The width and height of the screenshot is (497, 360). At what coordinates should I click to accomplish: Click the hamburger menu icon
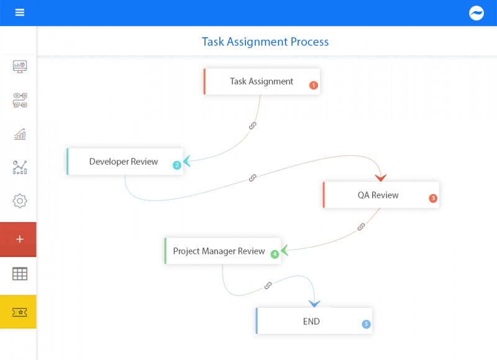20,12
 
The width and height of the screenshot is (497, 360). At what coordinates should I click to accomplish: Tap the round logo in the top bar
476,13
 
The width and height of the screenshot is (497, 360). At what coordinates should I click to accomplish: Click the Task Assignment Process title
265,42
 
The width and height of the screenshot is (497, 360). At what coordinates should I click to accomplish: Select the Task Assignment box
262,81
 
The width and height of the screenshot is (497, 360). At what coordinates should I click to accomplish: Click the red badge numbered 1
314,85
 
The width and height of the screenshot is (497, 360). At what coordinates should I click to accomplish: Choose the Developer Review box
124,162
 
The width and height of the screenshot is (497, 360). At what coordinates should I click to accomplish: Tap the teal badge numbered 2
177,165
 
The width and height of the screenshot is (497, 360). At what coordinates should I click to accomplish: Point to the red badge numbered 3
433,199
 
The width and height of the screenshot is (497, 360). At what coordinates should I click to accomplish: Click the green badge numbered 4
275,254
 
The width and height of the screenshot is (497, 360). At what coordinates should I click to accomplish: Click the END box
313,321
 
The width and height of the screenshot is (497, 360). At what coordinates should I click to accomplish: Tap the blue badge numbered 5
366,324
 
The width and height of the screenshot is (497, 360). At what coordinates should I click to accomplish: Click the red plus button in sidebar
19,239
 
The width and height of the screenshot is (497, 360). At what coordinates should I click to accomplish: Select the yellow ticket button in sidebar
19,312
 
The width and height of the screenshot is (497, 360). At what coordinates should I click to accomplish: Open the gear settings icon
20,201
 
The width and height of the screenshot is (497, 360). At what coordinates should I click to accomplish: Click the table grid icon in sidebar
20,274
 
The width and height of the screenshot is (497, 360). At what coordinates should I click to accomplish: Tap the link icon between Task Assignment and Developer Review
253,125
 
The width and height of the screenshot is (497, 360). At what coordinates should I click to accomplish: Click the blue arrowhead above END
314,303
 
